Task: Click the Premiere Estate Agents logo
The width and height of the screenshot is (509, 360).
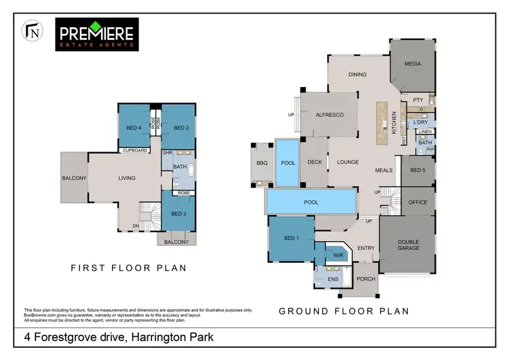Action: point(98,35)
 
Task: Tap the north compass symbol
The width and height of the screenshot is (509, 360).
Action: point(31,31)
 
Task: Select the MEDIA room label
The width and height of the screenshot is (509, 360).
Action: point(413,65)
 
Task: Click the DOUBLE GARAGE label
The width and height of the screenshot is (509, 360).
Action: point(409,245)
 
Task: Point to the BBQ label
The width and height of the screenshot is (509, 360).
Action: point(262,163)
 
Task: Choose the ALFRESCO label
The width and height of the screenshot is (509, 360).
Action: point(330,115)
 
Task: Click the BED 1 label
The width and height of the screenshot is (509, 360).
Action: point(290,238)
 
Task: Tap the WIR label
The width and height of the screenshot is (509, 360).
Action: point(337,255)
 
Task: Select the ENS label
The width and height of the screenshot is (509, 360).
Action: point(333,278)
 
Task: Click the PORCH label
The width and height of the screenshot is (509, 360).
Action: point(366,279)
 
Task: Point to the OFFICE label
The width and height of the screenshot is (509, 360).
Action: point(417,202)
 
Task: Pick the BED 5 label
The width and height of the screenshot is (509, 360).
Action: point(418,170)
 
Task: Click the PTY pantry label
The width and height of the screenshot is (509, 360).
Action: point(417,100)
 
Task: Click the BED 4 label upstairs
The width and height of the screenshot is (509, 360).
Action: point(134,128)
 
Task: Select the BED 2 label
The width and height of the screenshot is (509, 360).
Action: point(181,128)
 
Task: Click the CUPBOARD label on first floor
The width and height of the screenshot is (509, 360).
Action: point(134,151)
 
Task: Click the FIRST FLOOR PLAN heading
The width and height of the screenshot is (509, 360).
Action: point(129,268)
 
